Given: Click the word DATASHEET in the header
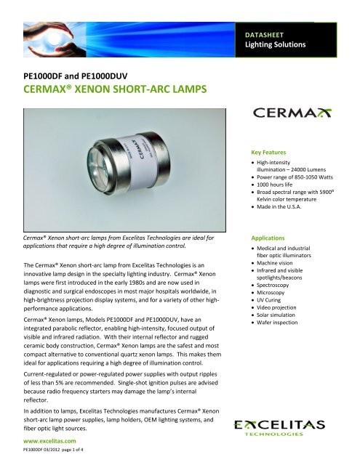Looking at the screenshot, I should pos(273,34).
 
